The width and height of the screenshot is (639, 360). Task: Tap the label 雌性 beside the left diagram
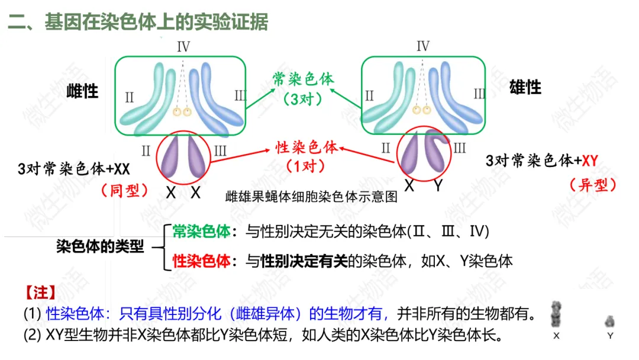(x=82, y=91)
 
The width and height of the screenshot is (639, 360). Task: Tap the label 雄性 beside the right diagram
(x=525, y=88)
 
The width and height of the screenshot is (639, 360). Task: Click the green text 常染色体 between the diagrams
(x=303, y=79)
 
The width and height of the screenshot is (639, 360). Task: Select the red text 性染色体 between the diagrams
(x=307, y=147)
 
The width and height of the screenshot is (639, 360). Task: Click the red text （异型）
(x=593, y=185)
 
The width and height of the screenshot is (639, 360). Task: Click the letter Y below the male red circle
(x=438, y=186)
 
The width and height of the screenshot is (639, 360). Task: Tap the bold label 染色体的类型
(x=100, y=246)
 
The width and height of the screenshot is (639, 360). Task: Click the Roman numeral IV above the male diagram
(x=422, y=46)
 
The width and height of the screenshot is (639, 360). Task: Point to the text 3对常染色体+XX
(x=74, y=169)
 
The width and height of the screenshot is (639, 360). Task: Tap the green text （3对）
(x=303, y=99)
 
